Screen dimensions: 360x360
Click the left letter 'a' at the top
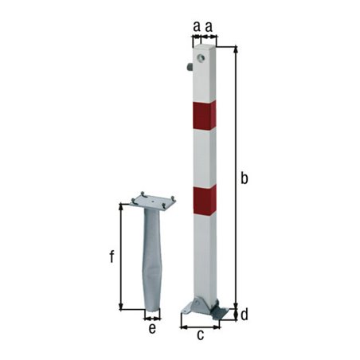[196, 25]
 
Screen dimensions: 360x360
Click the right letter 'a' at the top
[209, 25]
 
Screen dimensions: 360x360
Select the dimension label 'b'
[245, 178]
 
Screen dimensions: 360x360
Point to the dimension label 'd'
[245, 315]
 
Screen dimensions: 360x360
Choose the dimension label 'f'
[112, 256]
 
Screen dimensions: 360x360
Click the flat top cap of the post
[203, 47]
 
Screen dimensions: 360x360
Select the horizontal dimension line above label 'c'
[200, 326]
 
